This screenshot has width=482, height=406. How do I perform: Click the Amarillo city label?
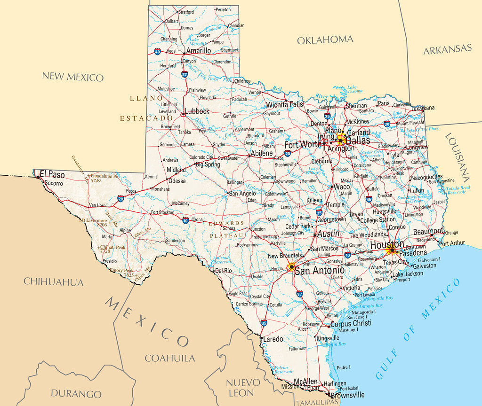198,51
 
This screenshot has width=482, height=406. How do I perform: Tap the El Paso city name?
52,174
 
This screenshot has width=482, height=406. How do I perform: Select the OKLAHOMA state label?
325,40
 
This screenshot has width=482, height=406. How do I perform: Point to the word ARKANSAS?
447,49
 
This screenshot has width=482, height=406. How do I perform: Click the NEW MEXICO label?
72,77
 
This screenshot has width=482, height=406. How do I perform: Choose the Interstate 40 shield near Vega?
157,52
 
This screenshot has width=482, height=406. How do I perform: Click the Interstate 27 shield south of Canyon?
185,74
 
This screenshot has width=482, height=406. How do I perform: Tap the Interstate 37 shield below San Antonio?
300,294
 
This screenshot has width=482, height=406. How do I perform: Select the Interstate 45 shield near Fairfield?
369,199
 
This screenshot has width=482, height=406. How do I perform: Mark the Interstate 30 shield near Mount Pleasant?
386,124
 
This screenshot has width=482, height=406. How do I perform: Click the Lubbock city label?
197,111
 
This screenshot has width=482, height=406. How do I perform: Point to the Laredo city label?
273,339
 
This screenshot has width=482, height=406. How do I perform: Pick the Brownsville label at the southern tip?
347,395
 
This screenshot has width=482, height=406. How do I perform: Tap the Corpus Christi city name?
351,323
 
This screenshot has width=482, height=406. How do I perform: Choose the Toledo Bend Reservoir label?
458,190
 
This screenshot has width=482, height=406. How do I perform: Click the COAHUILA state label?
169,358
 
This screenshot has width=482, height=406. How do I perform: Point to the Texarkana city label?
423,108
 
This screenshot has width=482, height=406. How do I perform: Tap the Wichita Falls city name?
284,104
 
